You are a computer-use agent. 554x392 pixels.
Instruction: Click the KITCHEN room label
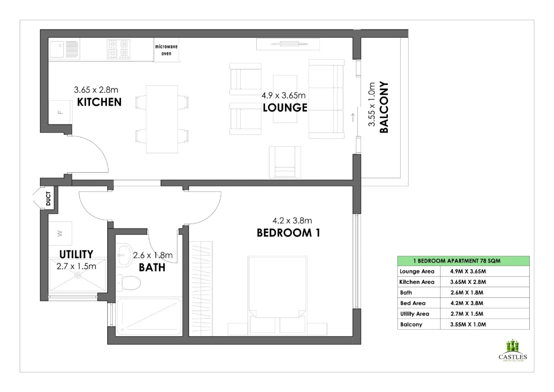point(99,102)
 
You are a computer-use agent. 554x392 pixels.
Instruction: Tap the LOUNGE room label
point(285,107)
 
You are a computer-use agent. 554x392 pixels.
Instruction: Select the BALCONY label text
point(383,107)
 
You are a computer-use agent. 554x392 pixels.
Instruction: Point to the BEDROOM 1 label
point(288,233)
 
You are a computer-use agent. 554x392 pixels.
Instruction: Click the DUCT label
point(48,198)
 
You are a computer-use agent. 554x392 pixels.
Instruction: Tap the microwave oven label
point(166,50)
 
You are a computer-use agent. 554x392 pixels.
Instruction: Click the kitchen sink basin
point(57,49)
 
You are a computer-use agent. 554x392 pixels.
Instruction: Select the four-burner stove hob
point(119,49)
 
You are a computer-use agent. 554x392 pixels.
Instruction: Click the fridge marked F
point(60,112)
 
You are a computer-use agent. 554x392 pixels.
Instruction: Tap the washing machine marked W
point(60,233)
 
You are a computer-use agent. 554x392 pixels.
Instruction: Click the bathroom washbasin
point(124,255)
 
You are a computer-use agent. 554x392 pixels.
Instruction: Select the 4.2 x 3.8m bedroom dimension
point(292,220)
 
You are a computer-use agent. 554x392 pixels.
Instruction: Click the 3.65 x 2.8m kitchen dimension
point(96,90)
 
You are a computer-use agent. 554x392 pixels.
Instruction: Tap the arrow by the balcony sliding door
point(353,117)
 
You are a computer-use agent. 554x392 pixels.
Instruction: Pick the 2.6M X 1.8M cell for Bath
point(467,292)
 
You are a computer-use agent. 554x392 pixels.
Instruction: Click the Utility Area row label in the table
point(415,314)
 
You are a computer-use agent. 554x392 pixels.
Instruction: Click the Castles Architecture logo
point(513,351)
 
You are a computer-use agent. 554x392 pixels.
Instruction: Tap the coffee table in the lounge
point(285,99)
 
